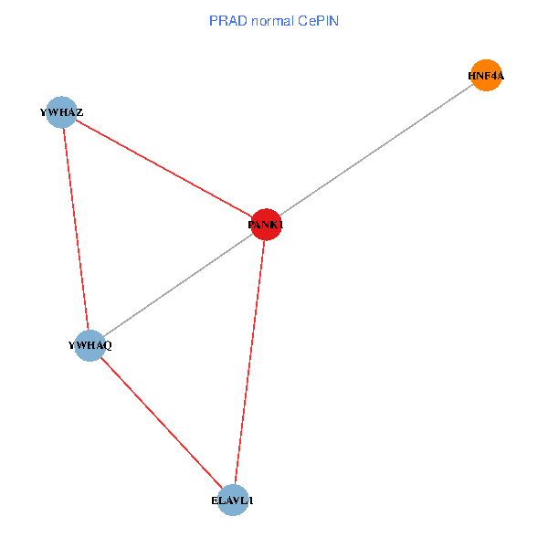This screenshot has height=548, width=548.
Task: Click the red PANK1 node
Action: click(x=265, y=224)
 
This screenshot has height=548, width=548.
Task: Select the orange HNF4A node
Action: click(x=487, y=76)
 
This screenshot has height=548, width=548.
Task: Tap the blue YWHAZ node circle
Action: click(x=61, y=112)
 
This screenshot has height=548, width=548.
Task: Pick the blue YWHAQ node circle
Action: click(x=90, y=345)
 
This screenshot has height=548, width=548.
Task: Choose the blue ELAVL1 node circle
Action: click(x=233, y=501)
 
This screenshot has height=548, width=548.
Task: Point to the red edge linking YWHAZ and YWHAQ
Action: click(x=75, y=228)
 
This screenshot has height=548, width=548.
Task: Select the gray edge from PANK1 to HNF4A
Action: click(x=375, y=150)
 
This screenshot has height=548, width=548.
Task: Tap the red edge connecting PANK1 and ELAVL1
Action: click(x=249, y=362)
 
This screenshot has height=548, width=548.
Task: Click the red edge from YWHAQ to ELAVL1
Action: click(x=161, y=423)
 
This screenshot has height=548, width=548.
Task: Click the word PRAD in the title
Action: click(x=227, y=20)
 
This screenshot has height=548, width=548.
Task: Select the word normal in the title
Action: click(x=270, y=20)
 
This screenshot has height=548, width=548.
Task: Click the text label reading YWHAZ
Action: click(x=61, y=112)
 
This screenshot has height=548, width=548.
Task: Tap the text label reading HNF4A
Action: click(x=486, y=77)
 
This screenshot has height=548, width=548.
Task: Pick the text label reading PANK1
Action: click(x=266, y=225)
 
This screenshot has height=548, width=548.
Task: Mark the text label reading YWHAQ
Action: click(x=90, y=345)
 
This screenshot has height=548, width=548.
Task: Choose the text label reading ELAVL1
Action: click(x=233, y=501)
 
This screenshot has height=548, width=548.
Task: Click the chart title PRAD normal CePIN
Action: click(x=274, y=20)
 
